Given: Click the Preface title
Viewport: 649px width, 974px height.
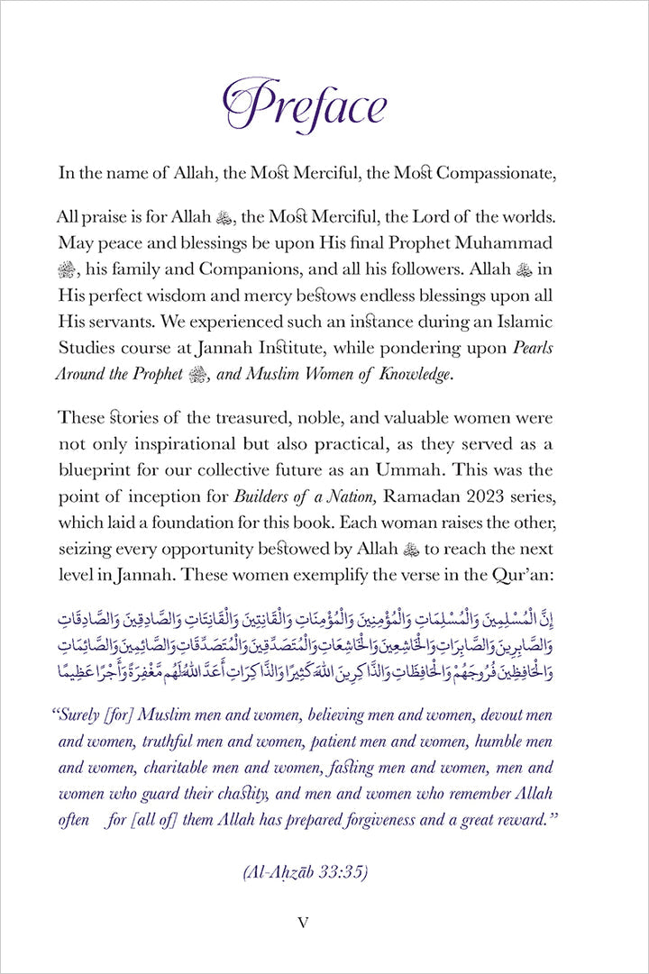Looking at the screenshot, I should tap(305, 106).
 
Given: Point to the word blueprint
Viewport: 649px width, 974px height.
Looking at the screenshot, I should tap(97, 469).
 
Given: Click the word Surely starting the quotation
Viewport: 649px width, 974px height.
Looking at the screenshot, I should tap(84, 715).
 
